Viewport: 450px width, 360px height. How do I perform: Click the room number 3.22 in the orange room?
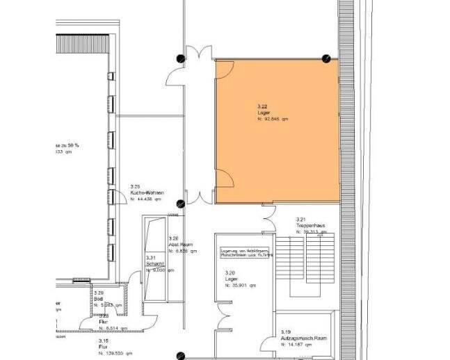coord(263,106)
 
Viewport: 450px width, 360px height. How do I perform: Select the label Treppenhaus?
coord(309,224)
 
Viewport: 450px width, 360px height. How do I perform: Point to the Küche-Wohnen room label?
coord(146,193)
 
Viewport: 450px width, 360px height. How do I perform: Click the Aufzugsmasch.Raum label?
coord(303,338)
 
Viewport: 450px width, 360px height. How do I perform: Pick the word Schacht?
coord(154,263)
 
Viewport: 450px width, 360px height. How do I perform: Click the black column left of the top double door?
coord(180,59)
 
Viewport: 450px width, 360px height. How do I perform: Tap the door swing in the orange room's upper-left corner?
coord(225,69)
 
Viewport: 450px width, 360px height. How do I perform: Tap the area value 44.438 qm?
coord(146,199)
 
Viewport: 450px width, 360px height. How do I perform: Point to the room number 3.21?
coord(300,218)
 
